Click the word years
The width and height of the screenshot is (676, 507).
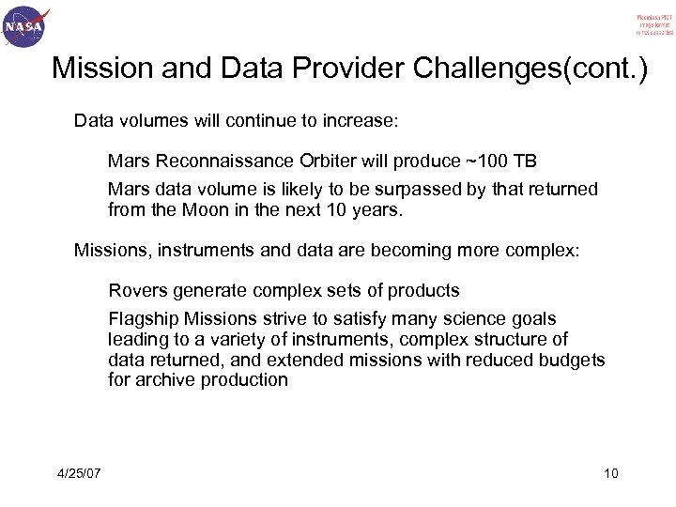coord(376,209)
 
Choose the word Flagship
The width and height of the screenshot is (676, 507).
coord(142,320)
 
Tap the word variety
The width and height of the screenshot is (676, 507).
coord(226,340)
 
